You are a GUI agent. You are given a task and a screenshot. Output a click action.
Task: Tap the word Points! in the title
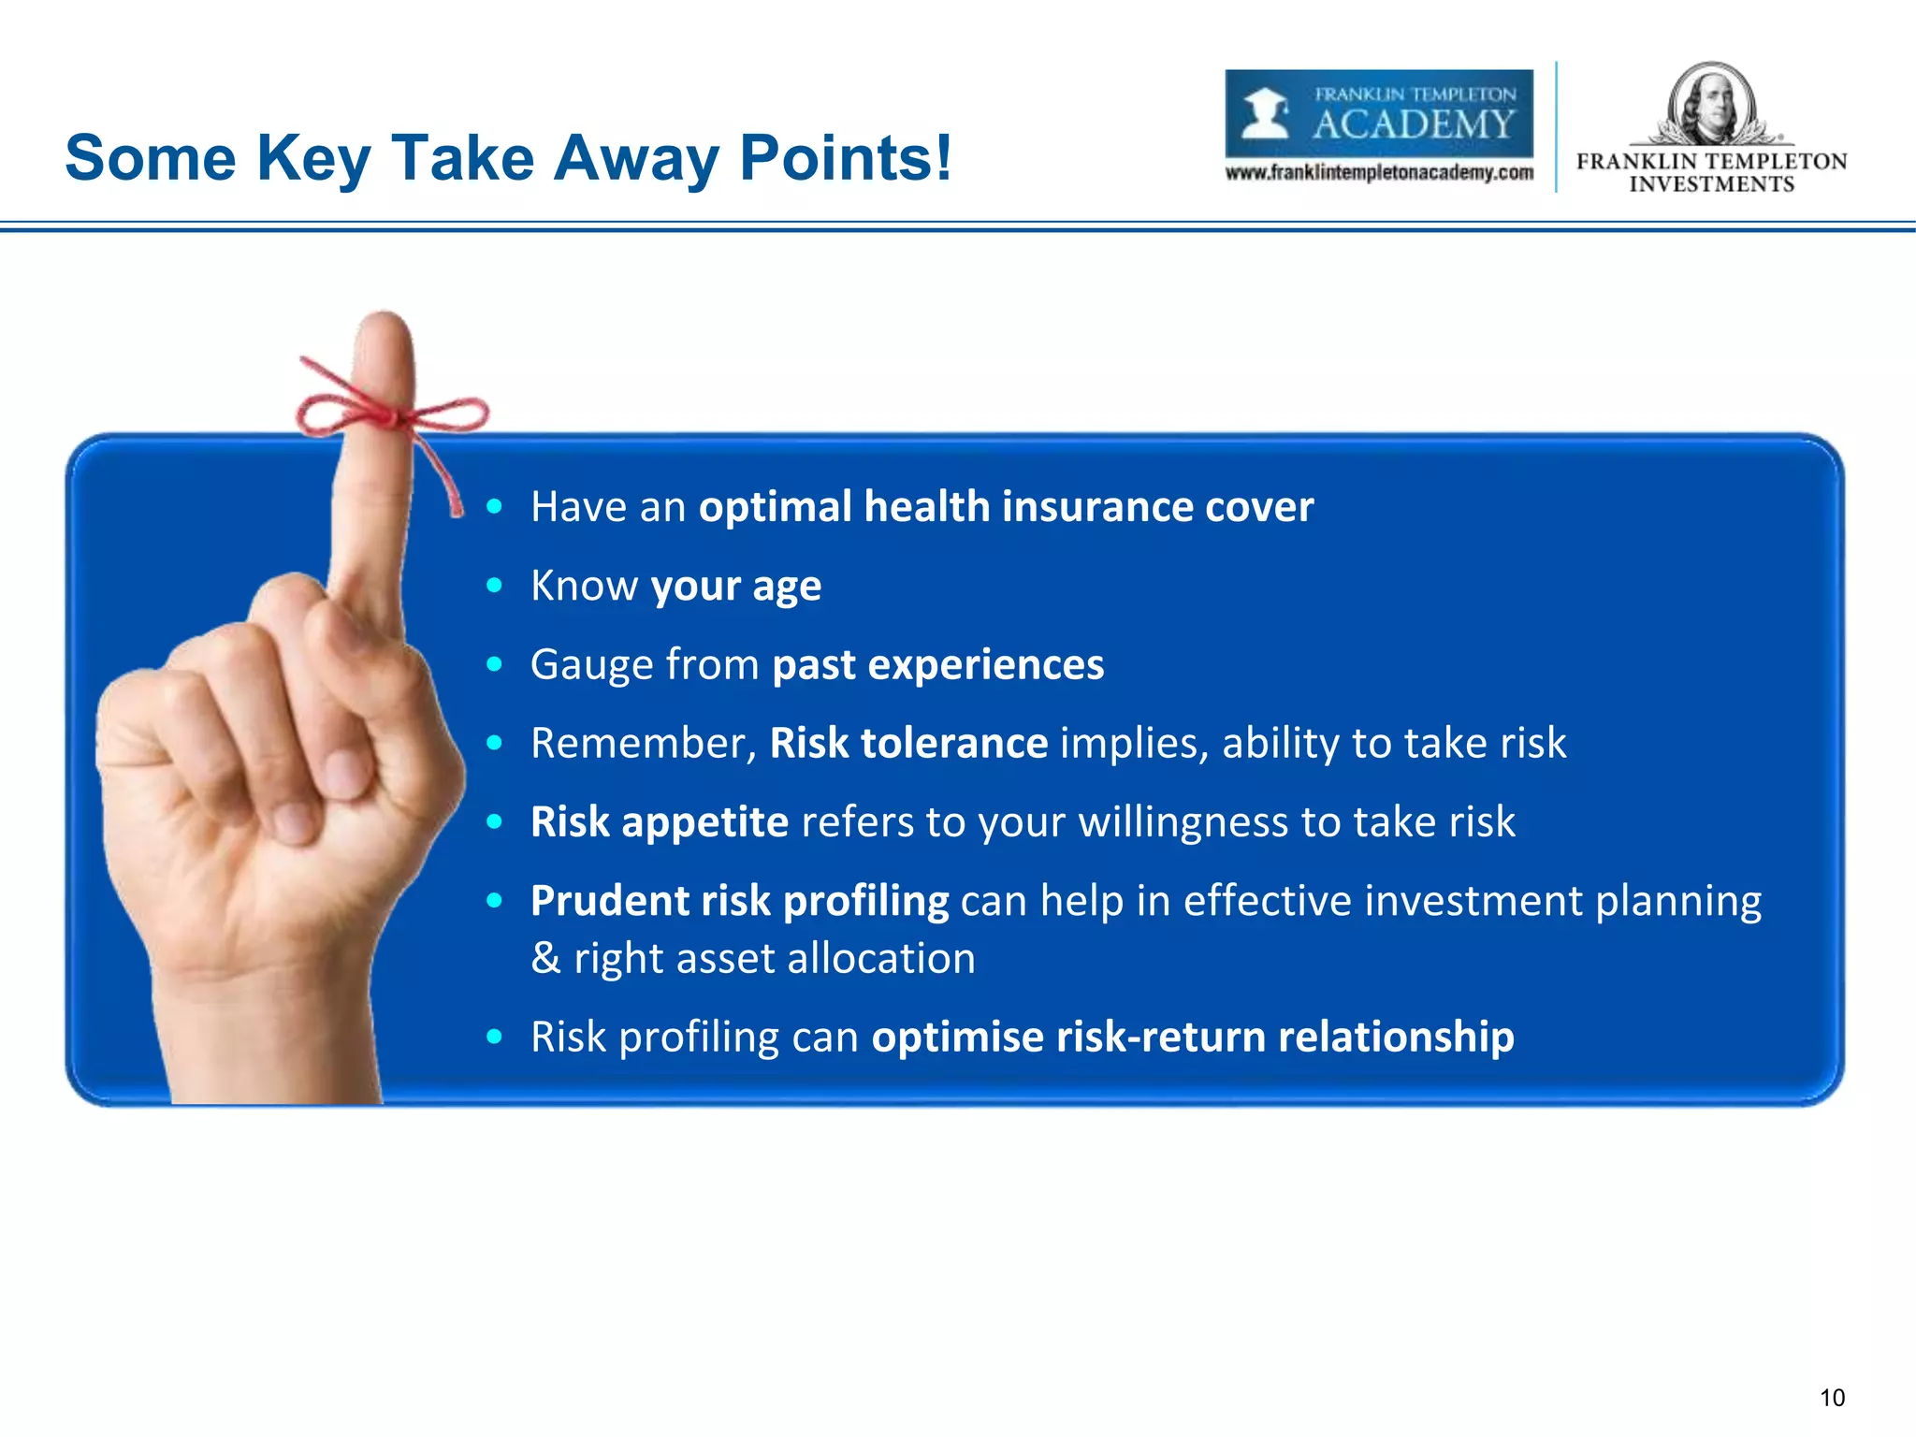[x=845, y=157]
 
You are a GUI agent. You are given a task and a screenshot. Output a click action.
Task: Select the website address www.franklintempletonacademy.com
[x=1379, y=173]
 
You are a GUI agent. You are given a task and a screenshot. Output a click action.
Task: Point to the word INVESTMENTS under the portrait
[x=1711, y=184]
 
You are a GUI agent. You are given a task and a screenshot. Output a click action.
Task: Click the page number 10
[x=1832, y=1398]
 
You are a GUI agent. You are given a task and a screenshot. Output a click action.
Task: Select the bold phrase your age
[x=736, y=587]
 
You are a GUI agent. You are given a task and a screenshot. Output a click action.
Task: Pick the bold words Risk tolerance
[x=907, y=744]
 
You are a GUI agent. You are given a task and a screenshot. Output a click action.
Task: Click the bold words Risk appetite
[x=660, y=822]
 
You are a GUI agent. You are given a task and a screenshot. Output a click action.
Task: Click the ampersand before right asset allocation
[x=545, y=959]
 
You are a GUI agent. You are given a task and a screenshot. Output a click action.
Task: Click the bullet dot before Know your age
[x=495, y=587]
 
